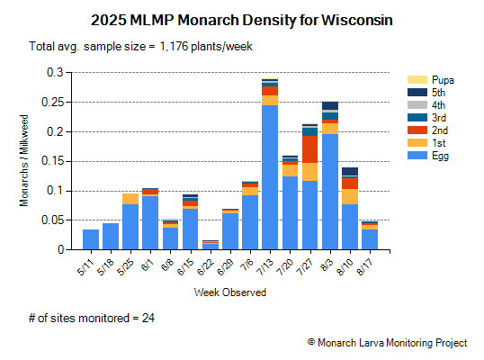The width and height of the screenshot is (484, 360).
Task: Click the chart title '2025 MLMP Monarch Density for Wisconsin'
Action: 242,19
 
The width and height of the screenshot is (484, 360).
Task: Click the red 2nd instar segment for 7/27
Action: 309,149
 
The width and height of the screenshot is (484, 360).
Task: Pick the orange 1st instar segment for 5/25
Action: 130,199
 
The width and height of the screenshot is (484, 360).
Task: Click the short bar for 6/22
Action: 210,245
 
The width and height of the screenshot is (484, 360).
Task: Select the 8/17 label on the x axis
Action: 368,266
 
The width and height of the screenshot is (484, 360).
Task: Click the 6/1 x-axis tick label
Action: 148,265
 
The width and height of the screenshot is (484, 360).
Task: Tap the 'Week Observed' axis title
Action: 229,292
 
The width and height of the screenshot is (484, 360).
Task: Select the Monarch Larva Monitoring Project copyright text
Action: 387,343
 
